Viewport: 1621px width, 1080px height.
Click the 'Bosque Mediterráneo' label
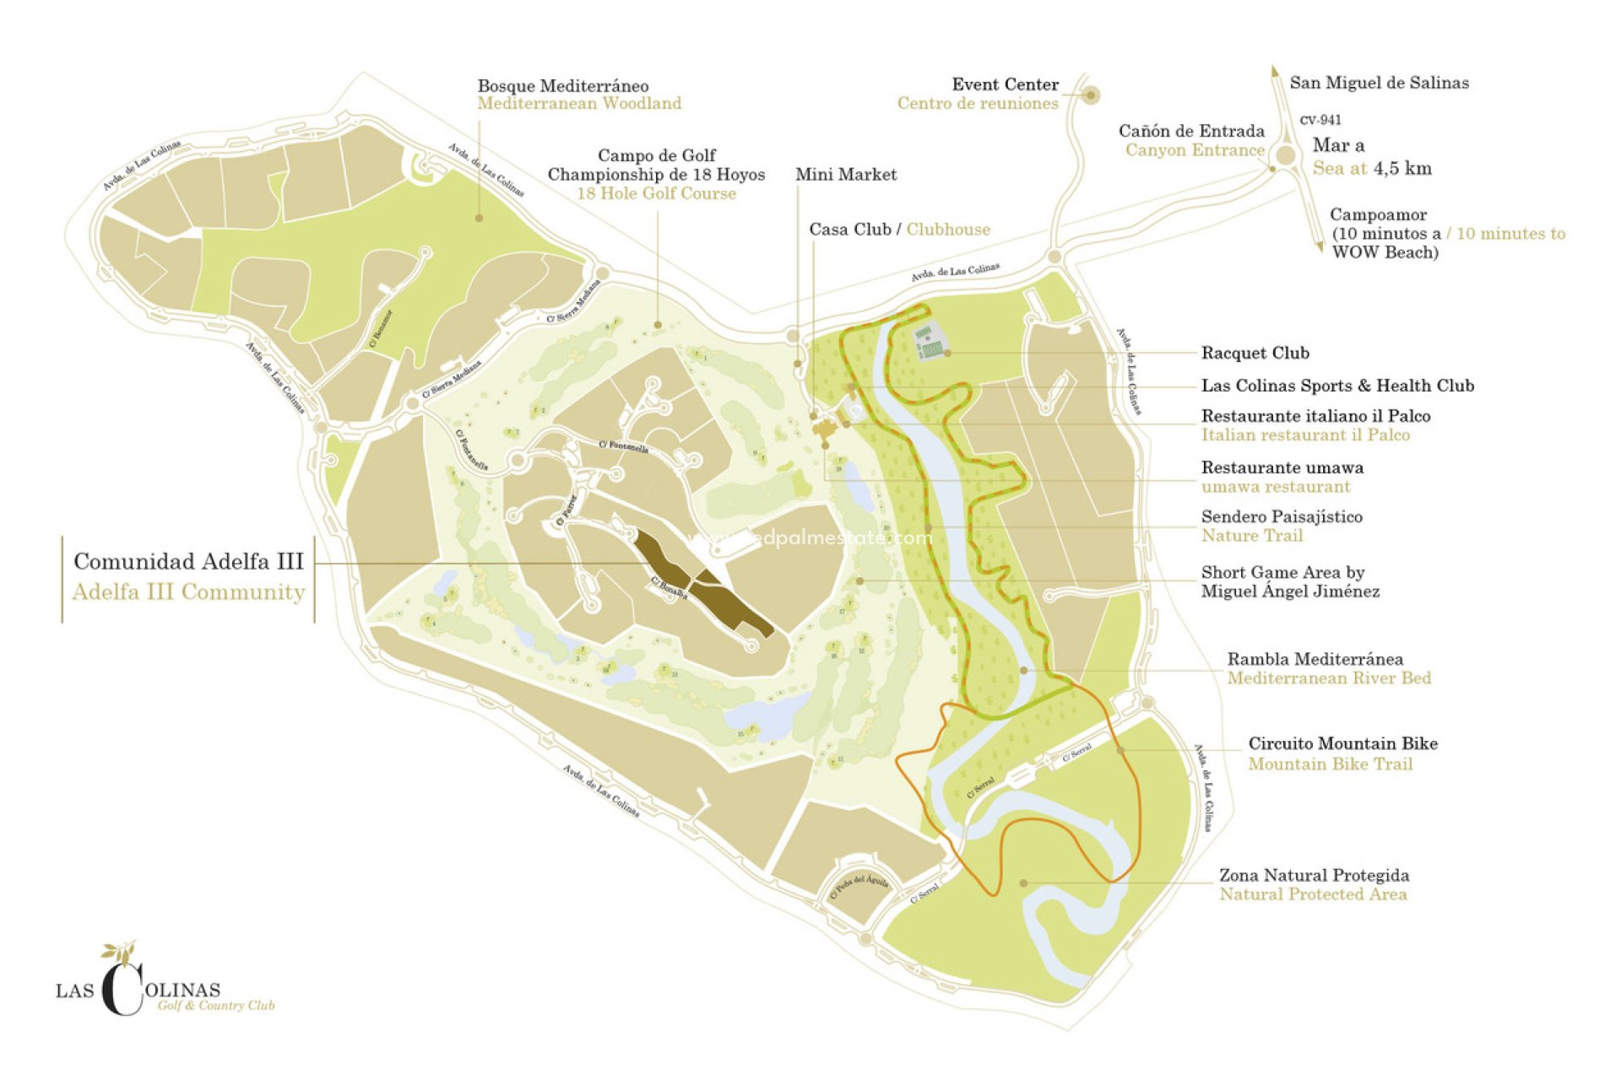563,86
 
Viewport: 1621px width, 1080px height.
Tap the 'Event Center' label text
1005,84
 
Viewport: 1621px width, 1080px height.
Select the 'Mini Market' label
845,175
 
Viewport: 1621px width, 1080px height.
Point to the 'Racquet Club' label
1255,353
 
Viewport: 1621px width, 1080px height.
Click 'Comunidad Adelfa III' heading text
188,561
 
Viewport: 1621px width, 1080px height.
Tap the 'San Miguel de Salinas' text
1379,83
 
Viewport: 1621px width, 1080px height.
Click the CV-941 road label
1320,120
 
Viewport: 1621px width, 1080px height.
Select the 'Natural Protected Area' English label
1313,894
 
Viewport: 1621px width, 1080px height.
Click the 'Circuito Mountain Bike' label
1342,743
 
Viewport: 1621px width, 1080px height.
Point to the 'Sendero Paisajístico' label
1282,516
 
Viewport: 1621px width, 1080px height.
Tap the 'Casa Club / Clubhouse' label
899,229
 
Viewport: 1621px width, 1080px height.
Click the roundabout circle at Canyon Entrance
1286,155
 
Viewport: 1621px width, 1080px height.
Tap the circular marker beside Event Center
1091,95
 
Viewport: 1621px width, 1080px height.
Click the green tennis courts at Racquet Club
930,347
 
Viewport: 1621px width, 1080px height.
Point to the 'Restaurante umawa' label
1282,467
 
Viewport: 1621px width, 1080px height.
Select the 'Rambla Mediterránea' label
1315,659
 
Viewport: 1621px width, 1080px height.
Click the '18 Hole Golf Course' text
656,194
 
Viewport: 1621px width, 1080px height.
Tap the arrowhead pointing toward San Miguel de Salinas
1275,73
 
